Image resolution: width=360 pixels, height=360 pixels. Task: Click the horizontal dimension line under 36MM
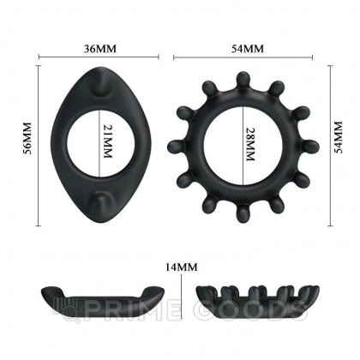[93, 61]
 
